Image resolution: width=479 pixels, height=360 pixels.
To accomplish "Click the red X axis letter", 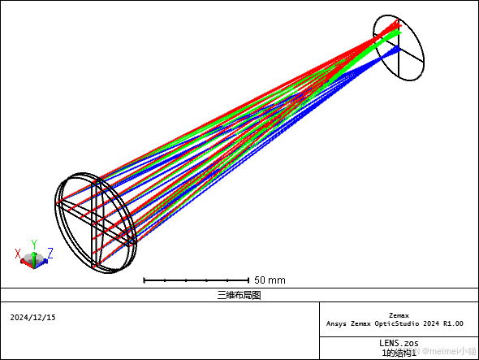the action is (x=18, y=254).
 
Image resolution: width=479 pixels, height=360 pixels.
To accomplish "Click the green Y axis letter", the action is (x=34, y=245).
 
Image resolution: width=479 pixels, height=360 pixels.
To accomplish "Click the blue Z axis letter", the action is (x=50, y=254).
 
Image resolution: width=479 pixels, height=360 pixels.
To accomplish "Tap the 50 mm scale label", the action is (x=270, y=280).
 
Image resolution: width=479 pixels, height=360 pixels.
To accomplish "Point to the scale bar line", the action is (x=196, y=280).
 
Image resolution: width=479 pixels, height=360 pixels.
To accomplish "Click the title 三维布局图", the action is (x=239, y=295).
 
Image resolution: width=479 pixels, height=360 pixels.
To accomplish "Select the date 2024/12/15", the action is (x=32, y=318).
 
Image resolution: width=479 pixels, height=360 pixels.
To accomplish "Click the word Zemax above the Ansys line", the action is (x=399, y=315).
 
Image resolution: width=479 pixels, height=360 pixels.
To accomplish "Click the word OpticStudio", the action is (x=398, y=323).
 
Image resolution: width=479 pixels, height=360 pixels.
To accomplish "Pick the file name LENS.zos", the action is (x=399, y=343).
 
